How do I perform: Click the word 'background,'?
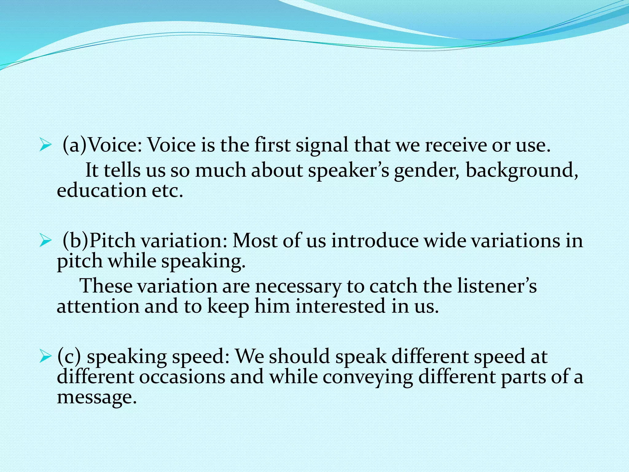coord(522,171)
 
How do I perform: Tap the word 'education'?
coord(101,191)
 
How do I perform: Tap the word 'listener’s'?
coord(497,286)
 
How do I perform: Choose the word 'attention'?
coord(98,306)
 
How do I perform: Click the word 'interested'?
coord(340,306)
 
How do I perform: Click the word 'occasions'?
coord(182,377)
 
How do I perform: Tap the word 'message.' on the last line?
coord(96,397)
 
